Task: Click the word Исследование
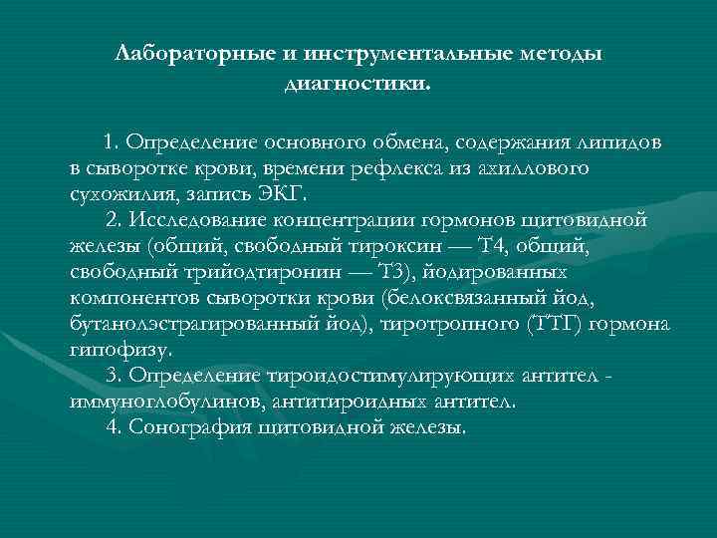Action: coord(226,219)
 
